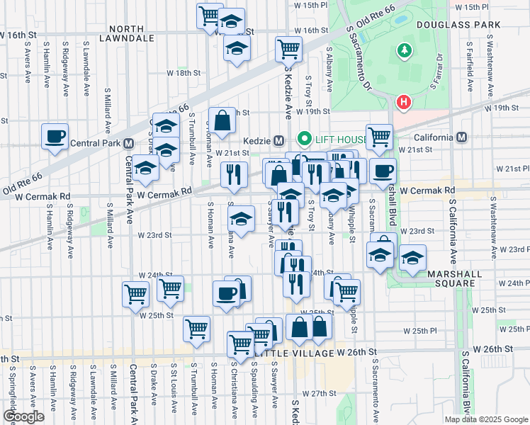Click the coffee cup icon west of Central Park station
pyautogui.click(x=54, y=136)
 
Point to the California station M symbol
pyautogui.click(x=462, y=137)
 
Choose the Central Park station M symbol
pyautogui.click(x=129, y=142)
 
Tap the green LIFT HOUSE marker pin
pyautogui.click(x=305, y=139)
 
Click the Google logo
pyautogui.click(x=23, y=416)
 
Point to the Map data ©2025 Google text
pyautogui.click(x=486, y=419)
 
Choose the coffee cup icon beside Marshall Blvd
pyautogui.click(x=383, y=171)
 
